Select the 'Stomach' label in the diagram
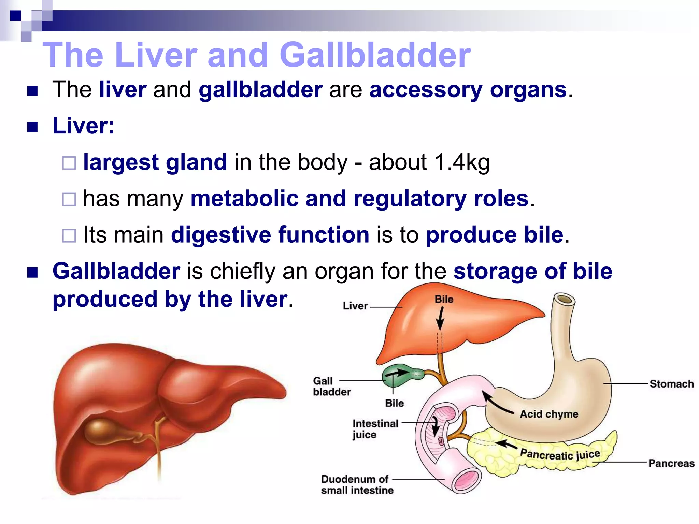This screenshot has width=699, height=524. coord(671,384)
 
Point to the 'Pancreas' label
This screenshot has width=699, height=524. coord(671,463)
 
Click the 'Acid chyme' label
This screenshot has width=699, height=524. coord(549,414)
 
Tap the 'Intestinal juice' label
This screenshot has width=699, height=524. coord(375,429)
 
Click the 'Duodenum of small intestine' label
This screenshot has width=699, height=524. coord(357,485)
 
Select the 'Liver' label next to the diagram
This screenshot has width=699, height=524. coord(355,306)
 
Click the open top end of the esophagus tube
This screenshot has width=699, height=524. coord(565,300)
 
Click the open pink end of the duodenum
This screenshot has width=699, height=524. coord(467,481)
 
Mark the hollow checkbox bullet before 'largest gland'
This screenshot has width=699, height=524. coord(69,163)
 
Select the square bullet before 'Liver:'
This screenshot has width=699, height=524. coord(32,127)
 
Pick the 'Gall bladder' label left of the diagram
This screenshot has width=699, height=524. coord(331,386)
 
